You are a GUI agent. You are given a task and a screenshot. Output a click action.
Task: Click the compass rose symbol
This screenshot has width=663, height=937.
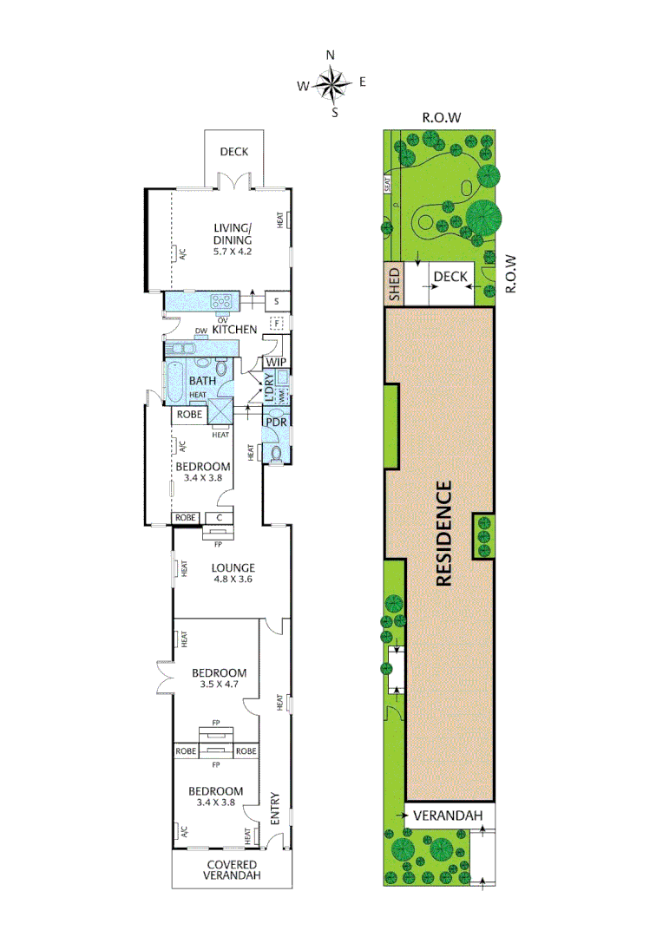[331, 84]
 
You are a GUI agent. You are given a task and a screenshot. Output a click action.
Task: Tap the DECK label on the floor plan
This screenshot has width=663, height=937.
[233, 152]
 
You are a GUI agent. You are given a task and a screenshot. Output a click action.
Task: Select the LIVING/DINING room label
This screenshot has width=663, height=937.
[233, 234]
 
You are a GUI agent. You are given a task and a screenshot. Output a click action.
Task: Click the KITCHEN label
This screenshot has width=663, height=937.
[234, 329]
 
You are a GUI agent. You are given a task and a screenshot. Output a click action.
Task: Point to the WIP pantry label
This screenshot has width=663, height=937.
[277, 362]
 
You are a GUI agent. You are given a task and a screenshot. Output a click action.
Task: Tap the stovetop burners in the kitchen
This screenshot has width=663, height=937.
[220, 302]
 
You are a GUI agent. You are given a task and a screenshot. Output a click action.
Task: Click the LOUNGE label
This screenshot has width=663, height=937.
[233, 568]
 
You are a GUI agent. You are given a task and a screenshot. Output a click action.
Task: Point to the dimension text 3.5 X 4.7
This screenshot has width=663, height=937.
[220, 685]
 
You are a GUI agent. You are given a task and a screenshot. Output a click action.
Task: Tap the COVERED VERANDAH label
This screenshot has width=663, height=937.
[232, 870]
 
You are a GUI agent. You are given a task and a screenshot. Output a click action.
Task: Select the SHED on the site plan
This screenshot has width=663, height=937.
[395, 284]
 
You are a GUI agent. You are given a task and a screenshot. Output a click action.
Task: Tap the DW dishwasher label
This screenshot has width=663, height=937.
[200, 331]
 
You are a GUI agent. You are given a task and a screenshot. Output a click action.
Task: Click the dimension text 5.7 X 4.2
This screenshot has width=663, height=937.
[233, 252]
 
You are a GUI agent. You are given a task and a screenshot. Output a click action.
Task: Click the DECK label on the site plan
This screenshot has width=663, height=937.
[450, 277]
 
